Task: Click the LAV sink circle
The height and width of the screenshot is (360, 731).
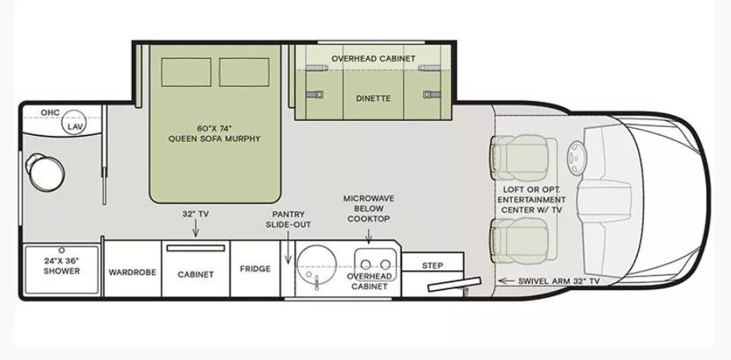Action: point(74,126)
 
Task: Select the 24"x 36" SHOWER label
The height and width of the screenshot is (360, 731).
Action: point(61,267)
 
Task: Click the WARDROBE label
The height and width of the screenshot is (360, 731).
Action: point(133,272)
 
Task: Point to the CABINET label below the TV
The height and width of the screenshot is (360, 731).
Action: point(195,274)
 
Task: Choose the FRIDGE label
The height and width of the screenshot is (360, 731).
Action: point(255,269)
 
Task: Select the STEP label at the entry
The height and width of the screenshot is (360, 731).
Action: point(432,265)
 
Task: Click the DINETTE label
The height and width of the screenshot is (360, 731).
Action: point(372,99)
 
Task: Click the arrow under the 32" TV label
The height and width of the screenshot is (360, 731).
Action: point(195,227)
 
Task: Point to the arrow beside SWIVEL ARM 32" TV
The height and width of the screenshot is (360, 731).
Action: point(506,281)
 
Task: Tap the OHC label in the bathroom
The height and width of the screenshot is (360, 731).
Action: point(50,113)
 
